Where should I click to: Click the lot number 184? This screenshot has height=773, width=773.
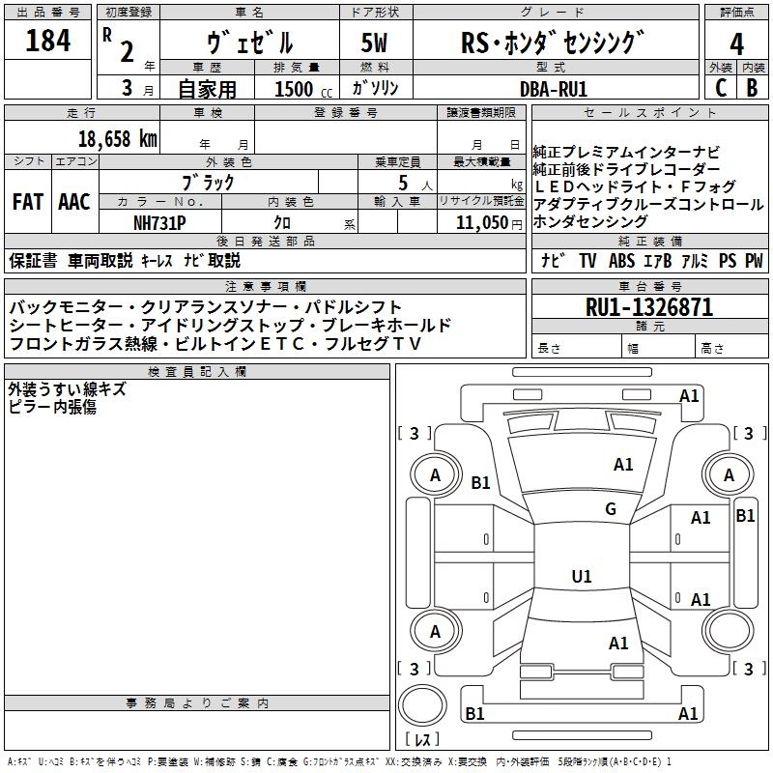click(x=47, y=42)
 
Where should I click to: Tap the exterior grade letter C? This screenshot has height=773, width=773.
click(x=721, y=88)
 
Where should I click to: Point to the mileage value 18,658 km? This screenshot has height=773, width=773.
click(x=119, y=139)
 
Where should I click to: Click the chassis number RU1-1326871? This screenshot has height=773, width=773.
click(x=649, y=308)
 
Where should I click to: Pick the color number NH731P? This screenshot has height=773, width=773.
click(x=159, y=221)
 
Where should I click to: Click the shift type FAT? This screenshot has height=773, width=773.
click(x=27, y=202)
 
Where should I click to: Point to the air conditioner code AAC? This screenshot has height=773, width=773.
click(x=73, y=202)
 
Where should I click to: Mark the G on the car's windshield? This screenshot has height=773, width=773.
click(x=610, y=509)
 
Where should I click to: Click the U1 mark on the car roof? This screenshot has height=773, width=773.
click(x=582, y=577)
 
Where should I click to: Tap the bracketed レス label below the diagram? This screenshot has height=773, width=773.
click(x=422, y=740)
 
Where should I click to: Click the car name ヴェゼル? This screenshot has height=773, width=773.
click(x=250, y=43)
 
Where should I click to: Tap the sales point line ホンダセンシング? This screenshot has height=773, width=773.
click(x=590, y=222)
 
